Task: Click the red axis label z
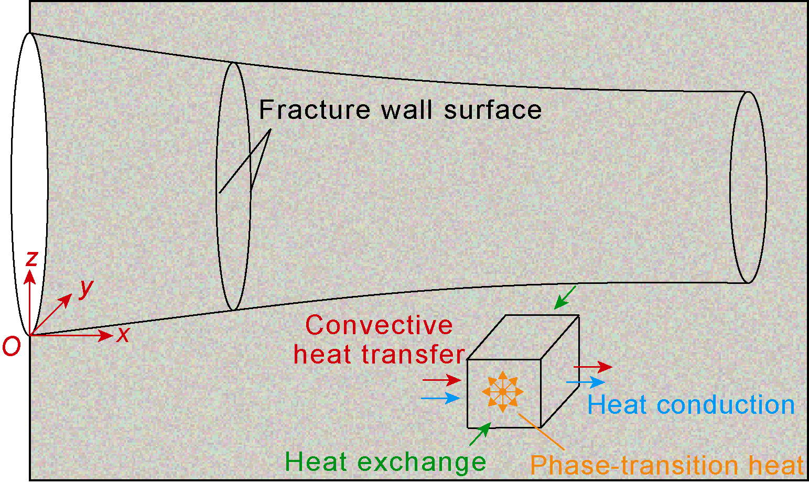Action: point(32,258)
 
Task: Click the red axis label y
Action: point(85,288)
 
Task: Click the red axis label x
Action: point(123,334)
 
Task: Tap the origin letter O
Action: point(12,346)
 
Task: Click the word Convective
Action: point(379,325)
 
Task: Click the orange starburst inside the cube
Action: point(502,391)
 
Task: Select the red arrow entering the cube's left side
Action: point(441,379)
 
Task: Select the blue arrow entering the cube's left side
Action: point(440,398)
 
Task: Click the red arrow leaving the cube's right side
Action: point(593,367)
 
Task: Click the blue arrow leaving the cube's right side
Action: point(586,382)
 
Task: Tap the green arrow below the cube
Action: point(480,434)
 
